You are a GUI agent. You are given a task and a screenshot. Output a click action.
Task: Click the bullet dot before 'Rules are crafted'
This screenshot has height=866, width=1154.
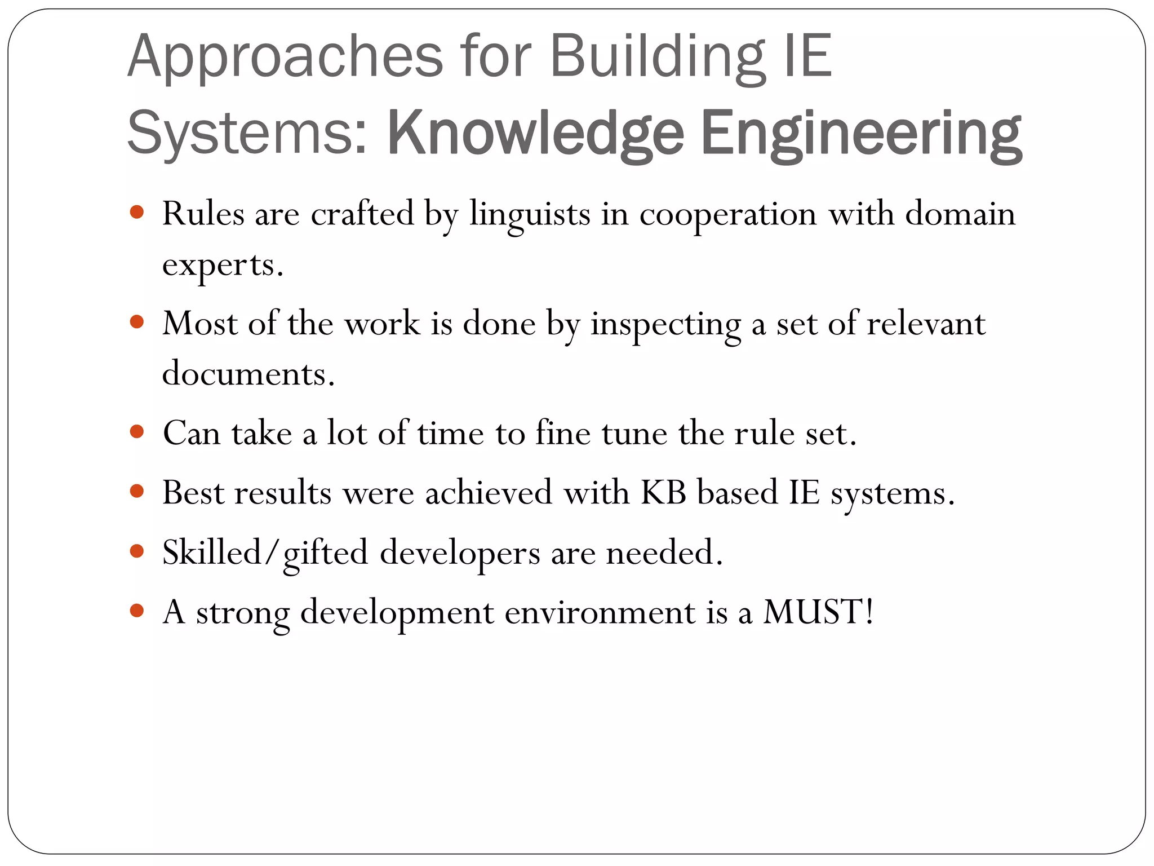[x=137, y=213]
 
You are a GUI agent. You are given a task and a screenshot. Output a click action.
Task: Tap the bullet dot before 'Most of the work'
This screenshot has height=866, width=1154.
[x=137, y=322]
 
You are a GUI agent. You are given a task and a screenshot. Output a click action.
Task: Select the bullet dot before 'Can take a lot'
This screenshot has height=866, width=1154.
[x=137, y=432]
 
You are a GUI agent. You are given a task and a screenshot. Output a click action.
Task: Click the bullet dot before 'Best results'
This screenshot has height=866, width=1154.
[x=137, y=491]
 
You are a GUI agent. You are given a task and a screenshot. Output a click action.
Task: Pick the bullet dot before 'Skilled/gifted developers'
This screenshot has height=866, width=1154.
[x=137, y=551]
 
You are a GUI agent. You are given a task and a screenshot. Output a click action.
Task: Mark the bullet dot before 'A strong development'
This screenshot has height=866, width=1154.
[x=137, y=610]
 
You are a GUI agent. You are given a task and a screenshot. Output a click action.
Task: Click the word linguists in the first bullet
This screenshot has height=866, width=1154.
[x=530, y=215]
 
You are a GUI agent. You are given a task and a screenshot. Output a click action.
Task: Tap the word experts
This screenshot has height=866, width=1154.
[x=223, y=265]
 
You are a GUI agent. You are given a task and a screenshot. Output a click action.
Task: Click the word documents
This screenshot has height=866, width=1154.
[x=248, y=374]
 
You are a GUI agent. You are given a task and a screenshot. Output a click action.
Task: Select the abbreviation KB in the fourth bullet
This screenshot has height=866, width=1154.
[x=663, y=492]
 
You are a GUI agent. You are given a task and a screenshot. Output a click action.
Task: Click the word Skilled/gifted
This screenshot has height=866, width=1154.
[x=265, y=553]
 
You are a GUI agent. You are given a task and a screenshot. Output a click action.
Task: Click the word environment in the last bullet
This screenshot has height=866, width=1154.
[x=600, y=612]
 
